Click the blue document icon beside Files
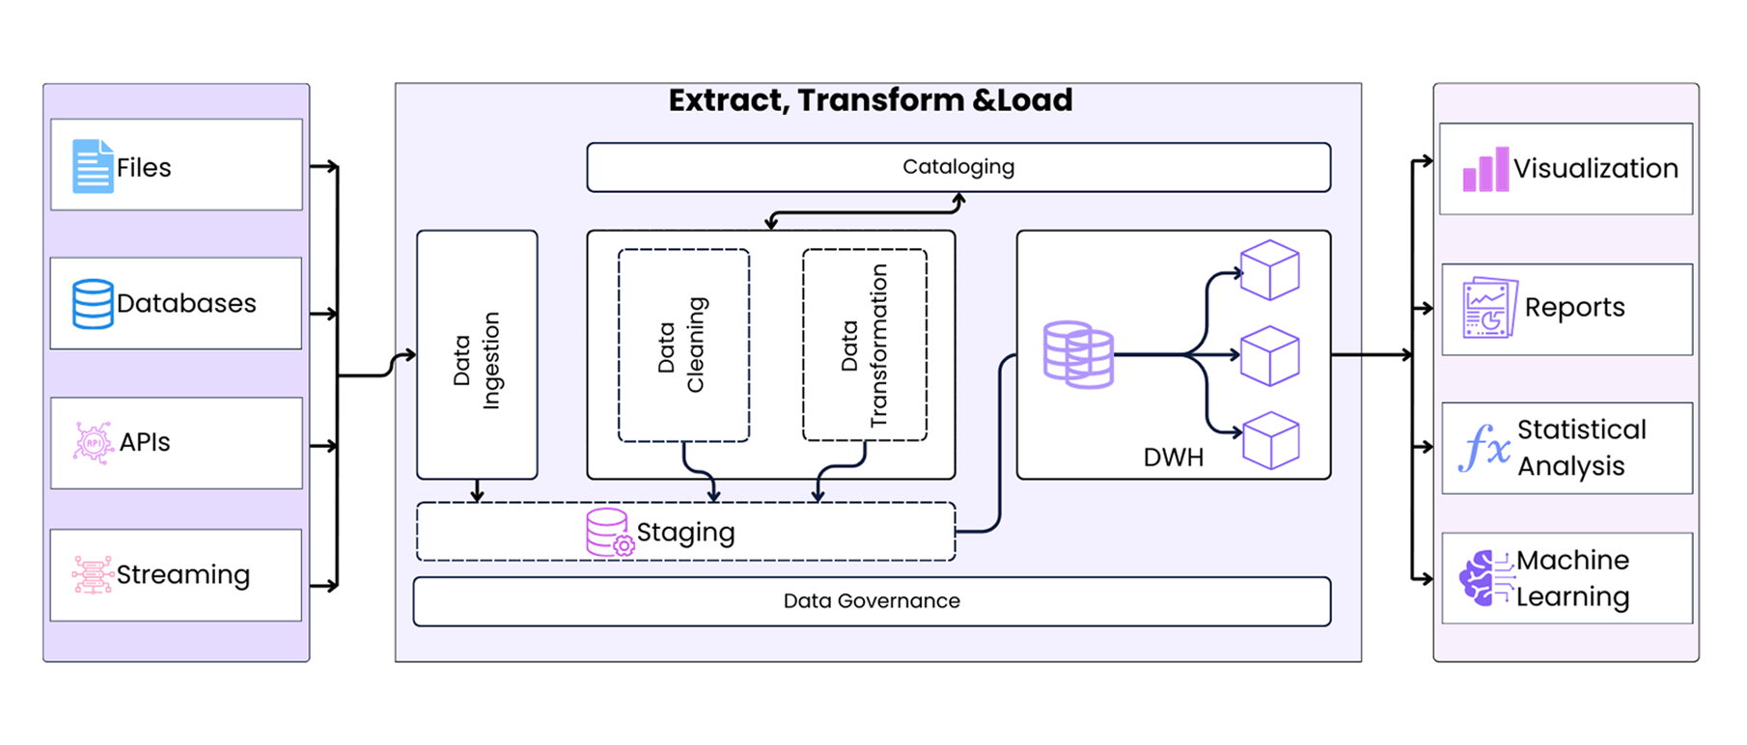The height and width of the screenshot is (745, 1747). [93, 166]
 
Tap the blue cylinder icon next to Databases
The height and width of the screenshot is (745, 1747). [93, 303]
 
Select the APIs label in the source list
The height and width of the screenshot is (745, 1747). [145, 442]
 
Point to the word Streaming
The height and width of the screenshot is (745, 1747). [183, 574]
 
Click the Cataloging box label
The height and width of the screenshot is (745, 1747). [958, 167]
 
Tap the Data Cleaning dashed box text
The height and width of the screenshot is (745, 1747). [681, 345]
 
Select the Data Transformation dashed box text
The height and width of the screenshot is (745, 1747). [864, 345]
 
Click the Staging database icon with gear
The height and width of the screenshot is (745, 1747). [609, 532]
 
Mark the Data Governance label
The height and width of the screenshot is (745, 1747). [872, 601]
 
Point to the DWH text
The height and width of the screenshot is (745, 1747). [1173, 457]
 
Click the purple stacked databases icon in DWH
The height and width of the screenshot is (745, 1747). [1078, 355]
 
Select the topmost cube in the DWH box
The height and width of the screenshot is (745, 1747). [1269, 270]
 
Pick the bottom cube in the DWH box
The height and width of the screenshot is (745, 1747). [1270, 440]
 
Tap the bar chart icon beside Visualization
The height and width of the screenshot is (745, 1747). [1485, 170]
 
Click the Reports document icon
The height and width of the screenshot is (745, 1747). [1489, 308]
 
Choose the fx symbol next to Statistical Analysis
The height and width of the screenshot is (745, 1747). [1484, 448]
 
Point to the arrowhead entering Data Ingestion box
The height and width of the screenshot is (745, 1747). [410, 355]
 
